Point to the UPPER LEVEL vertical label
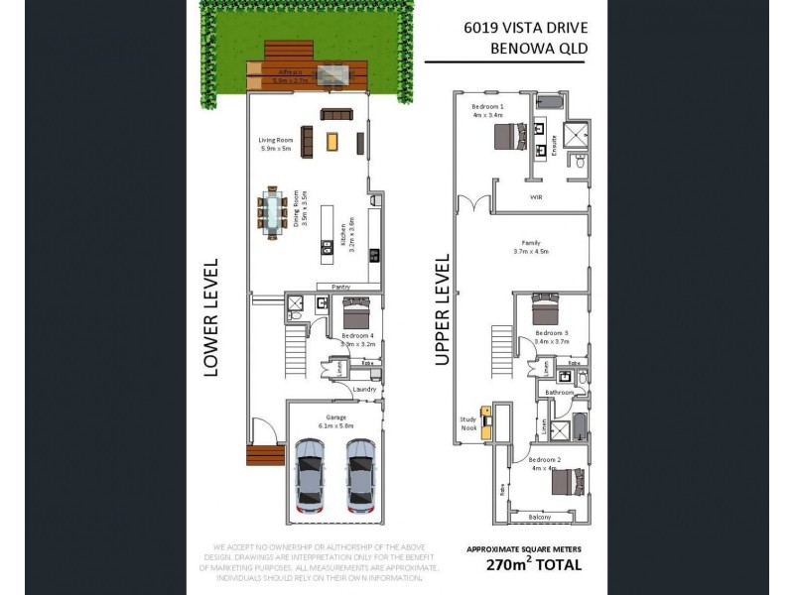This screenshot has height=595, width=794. point(442,309)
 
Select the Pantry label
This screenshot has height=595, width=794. point(340,288)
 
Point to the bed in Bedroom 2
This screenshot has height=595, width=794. point(566,483)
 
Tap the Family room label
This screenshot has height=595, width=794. point(531,242)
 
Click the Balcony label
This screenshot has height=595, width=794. point(540,517)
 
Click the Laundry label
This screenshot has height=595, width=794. point(364,389)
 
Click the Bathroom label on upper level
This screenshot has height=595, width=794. point(559,393)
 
